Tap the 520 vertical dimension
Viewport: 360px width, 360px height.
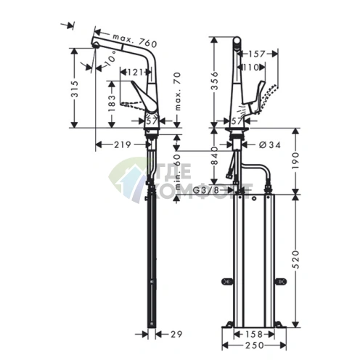298,260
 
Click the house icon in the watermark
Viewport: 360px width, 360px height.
129,180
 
